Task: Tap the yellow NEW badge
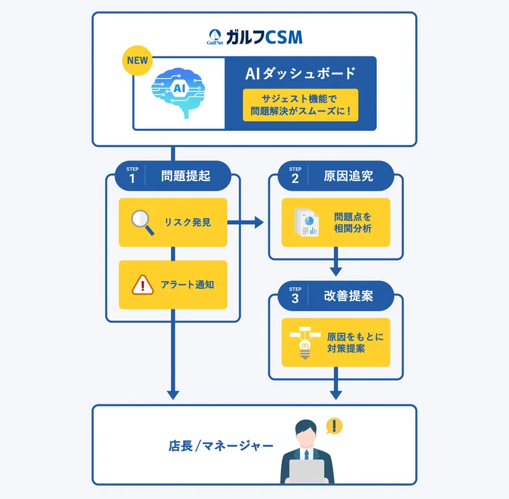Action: point(138,61)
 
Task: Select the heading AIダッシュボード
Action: point(300,74)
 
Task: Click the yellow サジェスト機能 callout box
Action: point(300,105)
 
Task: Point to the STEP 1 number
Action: point(132,178)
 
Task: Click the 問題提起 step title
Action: point(185,176)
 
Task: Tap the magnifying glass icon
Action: point(144,222)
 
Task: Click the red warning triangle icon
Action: point(143,285)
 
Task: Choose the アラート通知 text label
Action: point(187,285)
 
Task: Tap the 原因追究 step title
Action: point(348,176)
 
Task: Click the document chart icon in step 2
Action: point(306,222)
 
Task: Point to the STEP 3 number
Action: point(295,299)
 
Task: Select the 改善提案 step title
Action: point(348,297)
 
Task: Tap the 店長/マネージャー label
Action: point(221,446)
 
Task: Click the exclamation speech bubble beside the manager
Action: point(334,426)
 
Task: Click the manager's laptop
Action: point(307,472)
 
